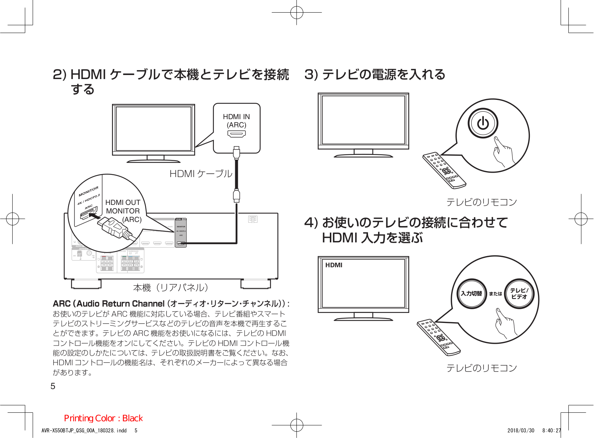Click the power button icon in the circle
tap(483, 123)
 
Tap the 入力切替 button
tap(471, 293)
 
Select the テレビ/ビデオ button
tap(519, 293)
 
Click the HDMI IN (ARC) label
tap(236, 121)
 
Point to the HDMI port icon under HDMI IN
tap(236, 134)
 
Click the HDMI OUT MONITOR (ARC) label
tap(123, 211)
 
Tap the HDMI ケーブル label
tap(201, 174)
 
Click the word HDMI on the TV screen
tap(334, 265)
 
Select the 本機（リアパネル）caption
tap(171, 288)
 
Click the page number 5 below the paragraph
tap(53, 386)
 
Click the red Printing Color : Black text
tap(103, 418)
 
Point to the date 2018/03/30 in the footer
tap(521, 431)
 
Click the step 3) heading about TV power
tap(375, 75)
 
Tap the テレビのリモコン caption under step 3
tap(481, 202)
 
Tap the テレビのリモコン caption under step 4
tap(481, 368)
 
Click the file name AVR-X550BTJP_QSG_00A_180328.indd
tap(84, 431)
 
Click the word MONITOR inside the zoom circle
tap(88, 191)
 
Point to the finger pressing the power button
tap(502, 151)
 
